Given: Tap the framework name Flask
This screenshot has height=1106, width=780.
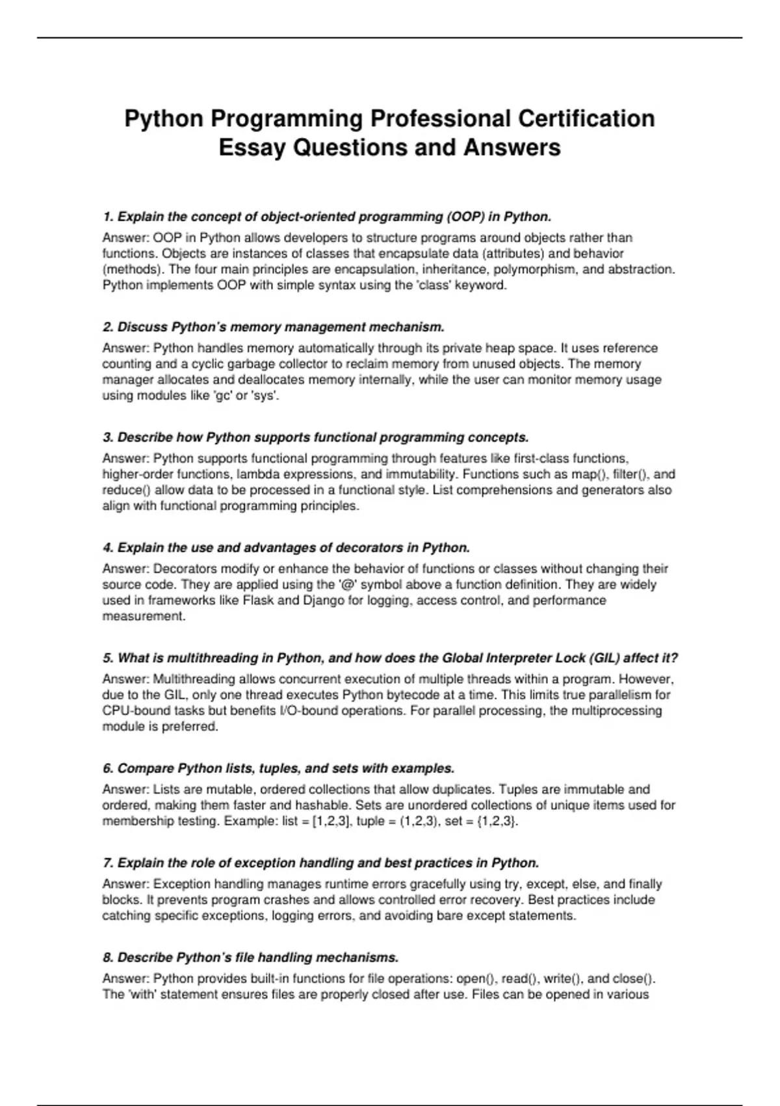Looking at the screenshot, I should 258,600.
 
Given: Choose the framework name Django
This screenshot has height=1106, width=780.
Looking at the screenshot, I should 324,600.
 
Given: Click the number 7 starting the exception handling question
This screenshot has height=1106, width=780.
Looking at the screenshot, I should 107,863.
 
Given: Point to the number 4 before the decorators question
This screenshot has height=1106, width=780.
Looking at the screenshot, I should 107,548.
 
